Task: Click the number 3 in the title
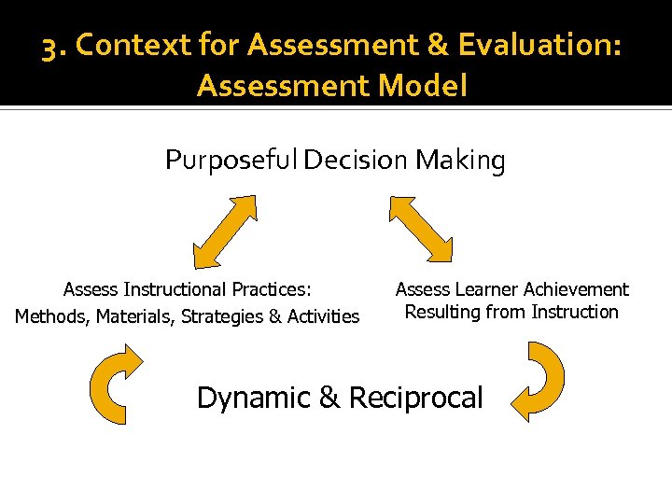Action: pos(50,47)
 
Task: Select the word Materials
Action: pos(133,316)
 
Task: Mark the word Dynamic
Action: pos(253,398)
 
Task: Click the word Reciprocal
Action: pos(415,398)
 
